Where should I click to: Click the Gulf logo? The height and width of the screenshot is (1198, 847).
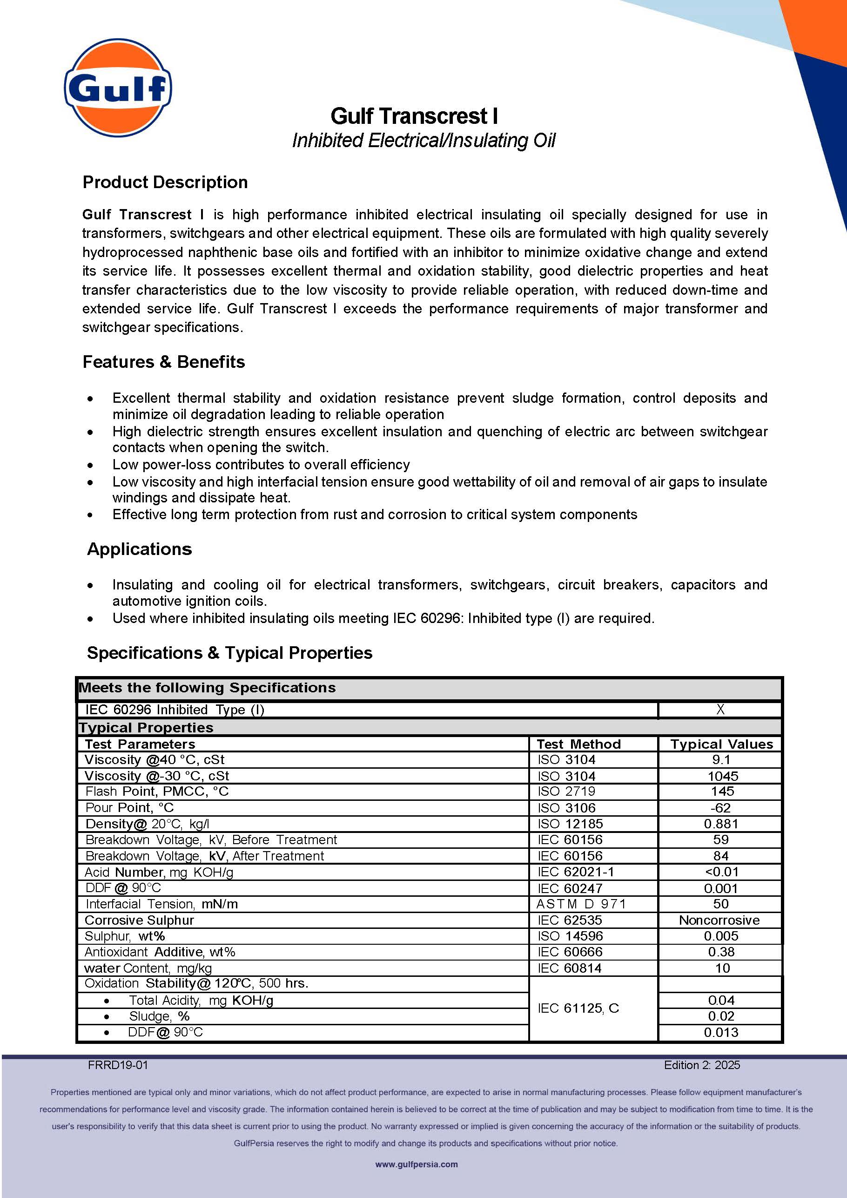click(118, 87)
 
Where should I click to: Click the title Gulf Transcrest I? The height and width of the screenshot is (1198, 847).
click(414, 116)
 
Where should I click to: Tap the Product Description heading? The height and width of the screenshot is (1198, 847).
click(165, 182)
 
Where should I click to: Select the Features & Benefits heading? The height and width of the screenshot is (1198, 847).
click(163, 362)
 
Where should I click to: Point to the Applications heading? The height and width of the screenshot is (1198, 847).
click(139, 549)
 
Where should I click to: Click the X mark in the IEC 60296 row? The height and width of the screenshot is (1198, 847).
click(720, 709)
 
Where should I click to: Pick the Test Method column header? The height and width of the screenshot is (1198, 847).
click(578, 744)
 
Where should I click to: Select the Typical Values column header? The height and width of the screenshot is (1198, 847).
click(721, 744)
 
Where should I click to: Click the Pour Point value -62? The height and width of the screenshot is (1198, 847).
click(720, 808)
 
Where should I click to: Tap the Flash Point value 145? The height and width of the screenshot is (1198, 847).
click(722, 791)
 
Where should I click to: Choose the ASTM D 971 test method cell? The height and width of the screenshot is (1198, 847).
click(581, 904)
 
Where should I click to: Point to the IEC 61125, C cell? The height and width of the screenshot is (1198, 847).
click(578, 1008)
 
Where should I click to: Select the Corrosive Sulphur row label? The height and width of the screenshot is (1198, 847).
click(139, 920)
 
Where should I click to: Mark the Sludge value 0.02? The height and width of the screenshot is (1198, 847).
click(721, 1016)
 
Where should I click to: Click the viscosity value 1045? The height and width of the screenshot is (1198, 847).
click(722, 776)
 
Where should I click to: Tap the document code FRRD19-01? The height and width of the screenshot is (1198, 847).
click(118, 1065)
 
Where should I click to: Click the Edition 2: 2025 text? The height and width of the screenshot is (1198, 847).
click(701, 1065)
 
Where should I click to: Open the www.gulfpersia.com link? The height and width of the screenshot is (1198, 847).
click(416, 1164)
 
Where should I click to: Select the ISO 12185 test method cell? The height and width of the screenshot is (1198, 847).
click(570, 823)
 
